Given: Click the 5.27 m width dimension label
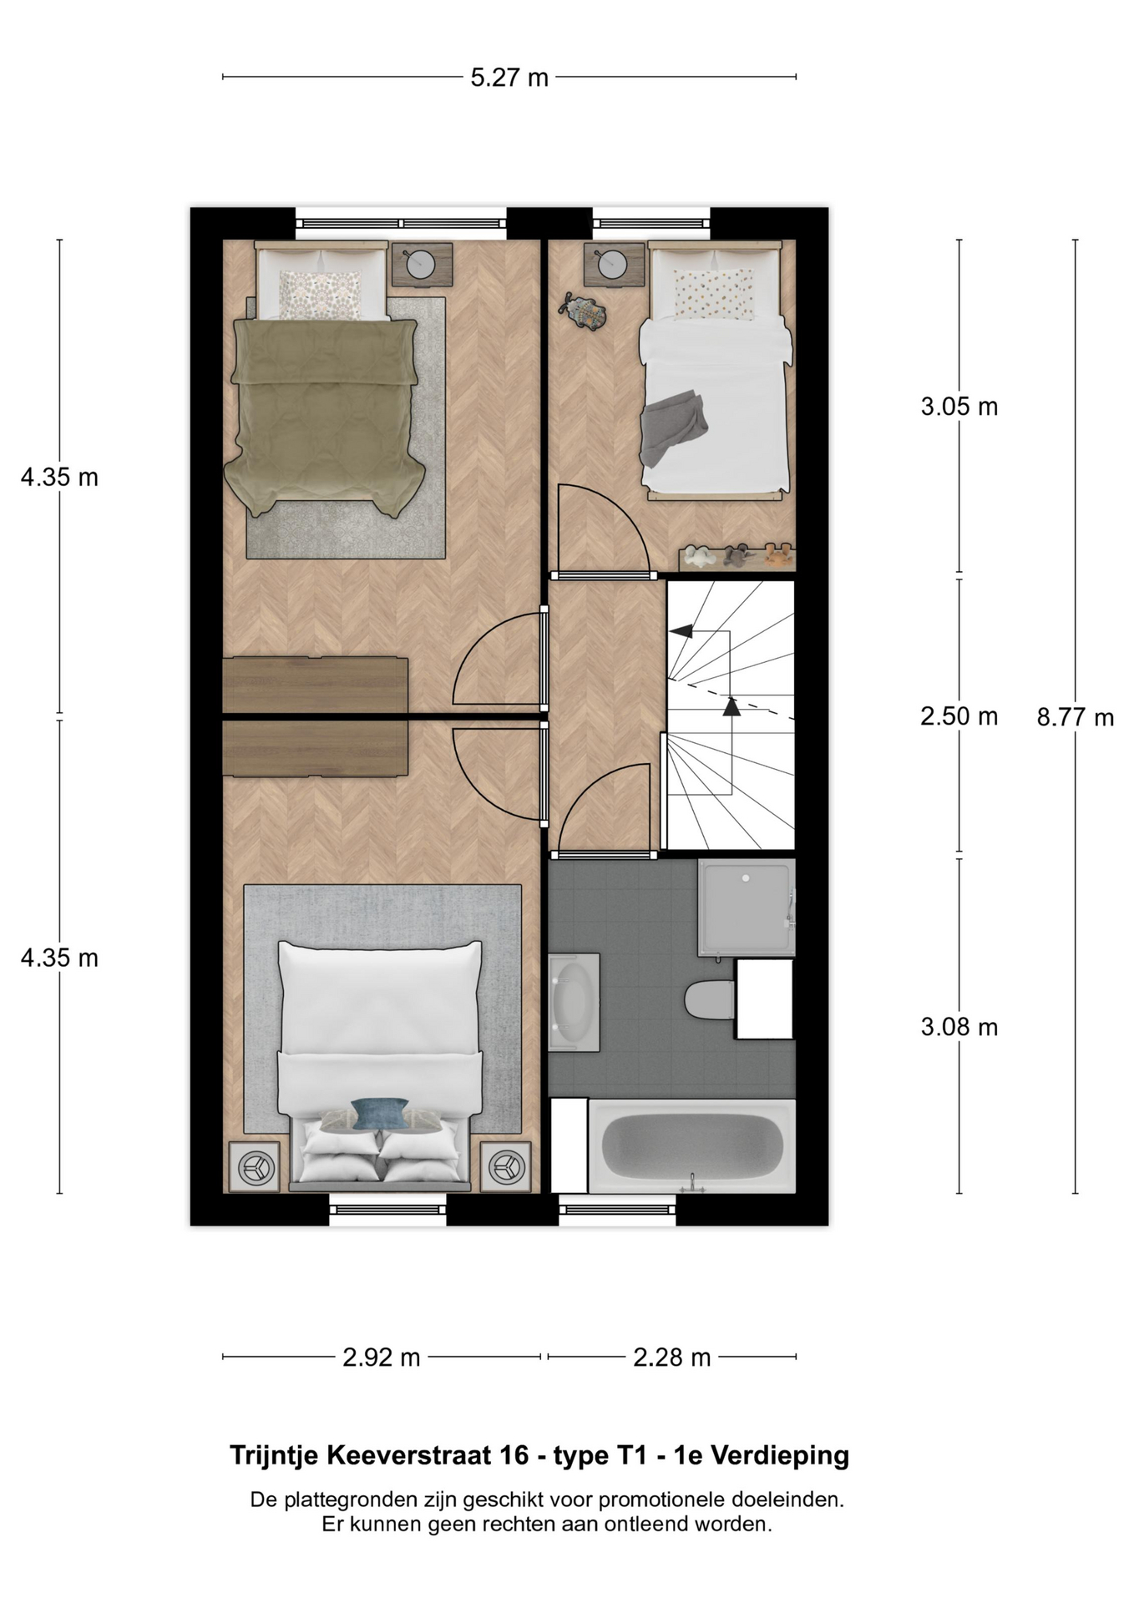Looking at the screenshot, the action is coord(509,78).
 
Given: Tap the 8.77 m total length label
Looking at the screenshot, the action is coord(1076,717).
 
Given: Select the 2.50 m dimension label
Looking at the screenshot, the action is coord(959,716).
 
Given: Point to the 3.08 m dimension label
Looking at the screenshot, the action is coord(959,1027).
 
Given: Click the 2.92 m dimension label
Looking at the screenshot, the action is coord(382,1358).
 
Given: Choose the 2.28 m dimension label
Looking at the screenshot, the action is coord(672,1358).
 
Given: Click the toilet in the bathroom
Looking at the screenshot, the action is coord(709,999).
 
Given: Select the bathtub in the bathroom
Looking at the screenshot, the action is coord(692,1146).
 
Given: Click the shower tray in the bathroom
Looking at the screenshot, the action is coord(747,908).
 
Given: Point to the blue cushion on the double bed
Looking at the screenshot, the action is coord(380,1114).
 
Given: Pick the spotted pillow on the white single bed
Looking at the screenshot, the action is coord(714,295).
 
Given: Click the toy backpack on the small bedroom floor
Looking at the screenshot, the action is coord(583,311).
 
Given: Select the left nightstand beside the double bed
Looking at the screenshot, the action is coord(255,1166).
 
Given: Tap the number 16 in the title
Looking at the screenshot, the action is coord(514,1455).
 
